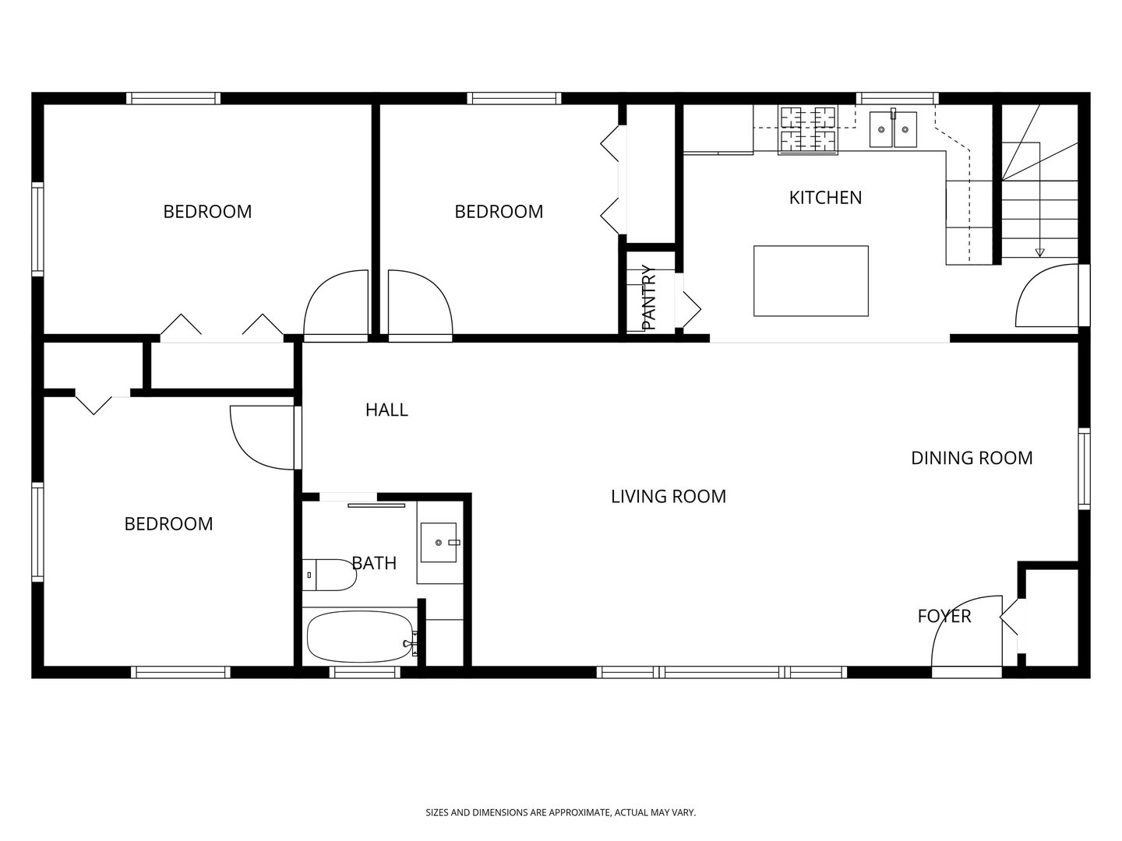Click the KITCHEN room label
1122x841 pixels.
tap(825, 198)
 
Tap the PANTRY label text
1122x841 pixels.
tap(649, 297)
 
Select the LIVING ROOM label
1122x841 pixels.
tap(668, 497)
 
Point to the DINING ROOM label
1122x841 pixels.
tap(972, 458)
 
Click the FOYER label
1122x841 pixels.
tap(944, 617)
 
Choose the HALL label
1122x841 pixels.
tap(386, 410)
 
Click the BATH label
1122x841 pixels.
tap(374, 563)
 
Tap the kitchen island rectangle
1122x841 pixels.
tap(810, 280)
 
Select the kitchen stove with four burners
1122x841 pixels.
tap(808, 129)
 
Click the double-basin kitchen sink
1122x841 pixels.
tap(893, 128)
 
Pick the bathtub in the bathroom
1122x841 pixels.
tap(359, 636)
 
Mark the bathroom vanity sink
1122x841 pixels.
tap(440, 542)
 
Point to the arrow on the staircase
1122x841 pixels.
tap(1039, 251)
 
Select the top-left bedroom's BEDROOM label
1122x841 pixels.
tap(207, 212)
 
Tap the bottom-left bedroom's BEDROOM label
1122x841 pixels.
tap(168, 524)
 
